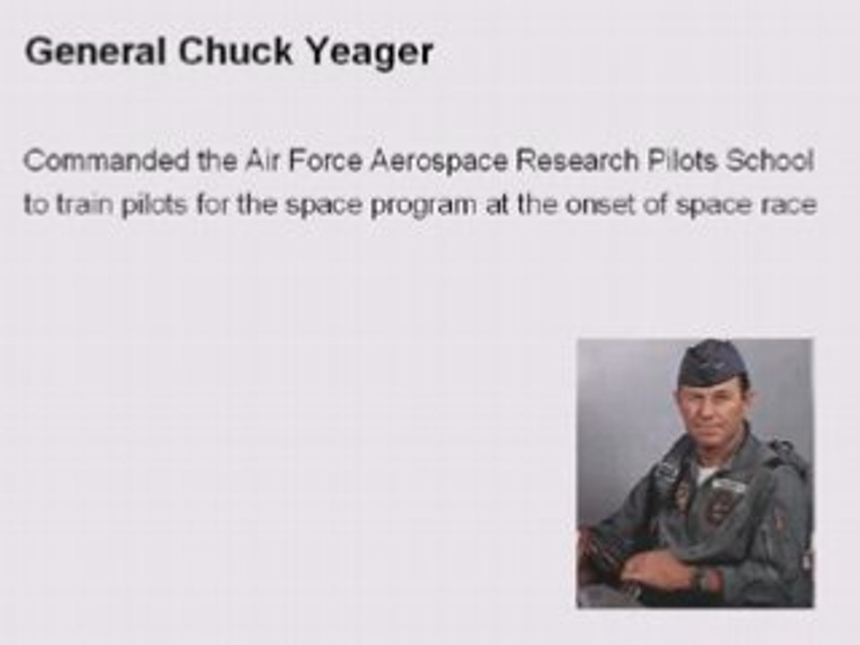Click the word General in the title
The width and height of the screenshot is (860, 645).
pos(95,53)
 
